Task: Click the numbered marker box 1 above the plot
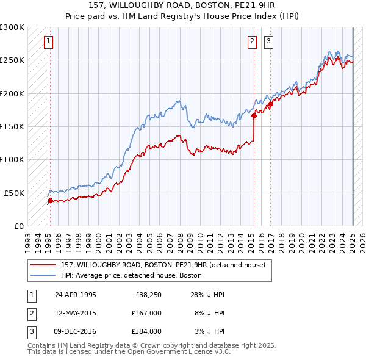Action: pos(48,41)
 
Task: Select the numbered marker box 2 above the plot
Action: pos(252,41)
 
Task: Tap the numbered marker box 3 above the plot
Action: pos(268,41)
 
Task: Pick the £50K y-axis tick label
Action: pos(15,192)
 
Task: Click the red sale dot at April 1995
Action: pos(50,200)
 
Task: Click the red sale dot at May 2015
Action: pos(253,115)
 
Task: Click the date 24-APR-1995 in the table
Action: pos(76,295)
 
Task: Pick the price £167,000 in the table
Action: pos(146,313)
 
